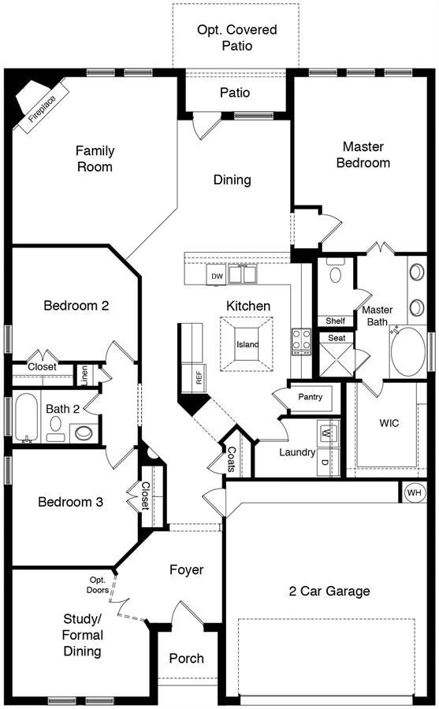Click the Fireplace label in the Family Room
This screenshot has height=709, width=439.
click(x=42, y=109)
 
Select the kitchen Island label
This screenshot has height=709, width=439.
click(x=247, y=344)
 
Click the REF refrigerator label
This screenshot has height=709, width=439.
click(x=199, y=377)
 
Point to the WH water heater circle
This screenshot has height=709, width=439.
click(x=414, y=492)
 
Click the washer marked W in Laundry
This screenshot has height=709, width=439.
click(x=328, y=432)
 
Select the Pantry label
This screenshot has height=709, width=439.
click(x=310, y=397)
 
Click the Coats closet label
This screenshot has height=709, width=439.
click(x=232, y=459)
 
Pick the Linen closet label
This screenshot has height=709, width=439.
click(x=84, y=375)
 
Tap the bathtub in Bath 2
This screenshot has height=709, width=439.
click(x=26, y=418)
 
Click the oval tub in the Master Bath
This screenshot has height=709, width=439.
click(x=407, y=352)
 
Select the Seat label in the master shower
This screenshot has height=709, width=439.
click(x=337, y=338)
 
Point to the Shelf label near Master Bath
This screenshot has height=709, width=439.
click(x=336, y=321)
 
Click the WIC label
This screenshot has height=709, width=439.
click(x=389, y=423)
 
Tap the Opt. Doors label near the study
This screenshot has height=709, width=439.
click(x=98, y=585)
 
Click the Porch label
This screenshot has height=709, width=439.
click(x=187, y=659)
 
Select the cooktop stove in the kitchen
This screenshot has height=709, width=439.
click(x=301, y=341)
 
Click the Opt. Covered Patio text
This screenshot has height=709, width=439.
click(x=236, y=38)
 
